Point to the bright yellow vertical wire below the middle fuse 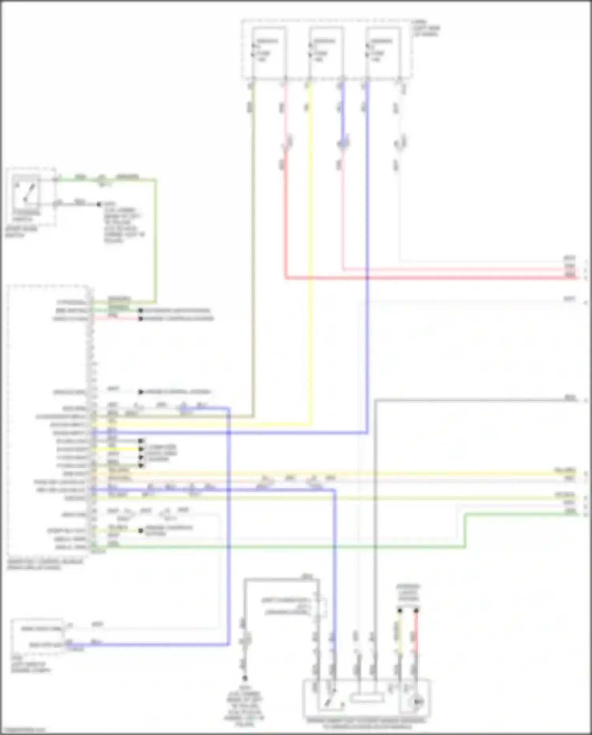pyautogui.click(x=311, y=237)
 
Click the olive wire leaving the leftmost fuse pyautogui.click(x=253, y=237)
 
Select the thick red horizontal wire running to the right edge pyautogui.click(x=434, y=278)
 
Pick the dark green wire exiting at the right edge pyautogui.click(x=521, y=514)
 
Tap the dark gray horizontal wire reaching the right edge pyautogui.click(x=474, y=400)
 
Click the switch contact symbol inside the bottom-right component pyautogui.click(x=328, y=700)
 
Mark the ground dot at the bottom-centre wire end pyautogui.click(x=245, y=678)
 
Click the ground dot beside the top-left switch pyautogui.click(x=99, y=204)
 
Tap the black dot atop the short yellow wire pyautogui.click(x=400, y=611)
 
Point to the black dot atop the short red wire pyautogui.click(x=416, y=611)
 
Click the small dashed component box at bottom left pyautogui.click(x=37, y=636)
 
